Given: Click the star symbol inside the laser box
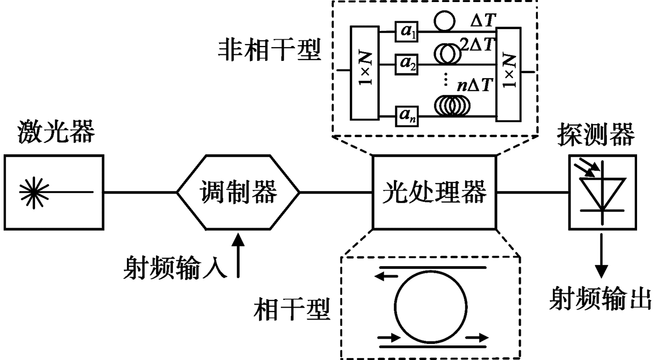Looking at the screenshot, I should [34, 192].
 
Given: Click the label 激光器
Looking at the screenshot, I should [56, 132].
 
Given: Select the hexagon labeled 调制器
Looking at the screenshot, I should [238, 192].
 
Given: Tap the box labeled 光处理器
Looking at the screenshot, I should [434, 192].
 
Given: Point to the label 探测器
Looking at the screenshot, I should [596, 135].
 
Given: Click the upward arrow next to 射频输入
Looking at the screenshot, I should [238, 256].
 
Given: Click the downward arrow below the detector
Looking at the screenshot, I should [602, 256].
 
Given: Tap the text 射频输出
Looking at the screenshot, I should [600, 299].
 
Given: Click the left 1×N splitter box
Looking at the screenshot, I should [364, 73].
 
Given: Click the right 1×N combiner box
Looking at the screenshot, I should [508, 73].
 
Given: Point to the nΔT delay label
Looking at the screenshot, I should [475, 85].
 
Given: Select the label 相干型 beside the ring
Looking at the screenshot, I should [292, 310].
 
